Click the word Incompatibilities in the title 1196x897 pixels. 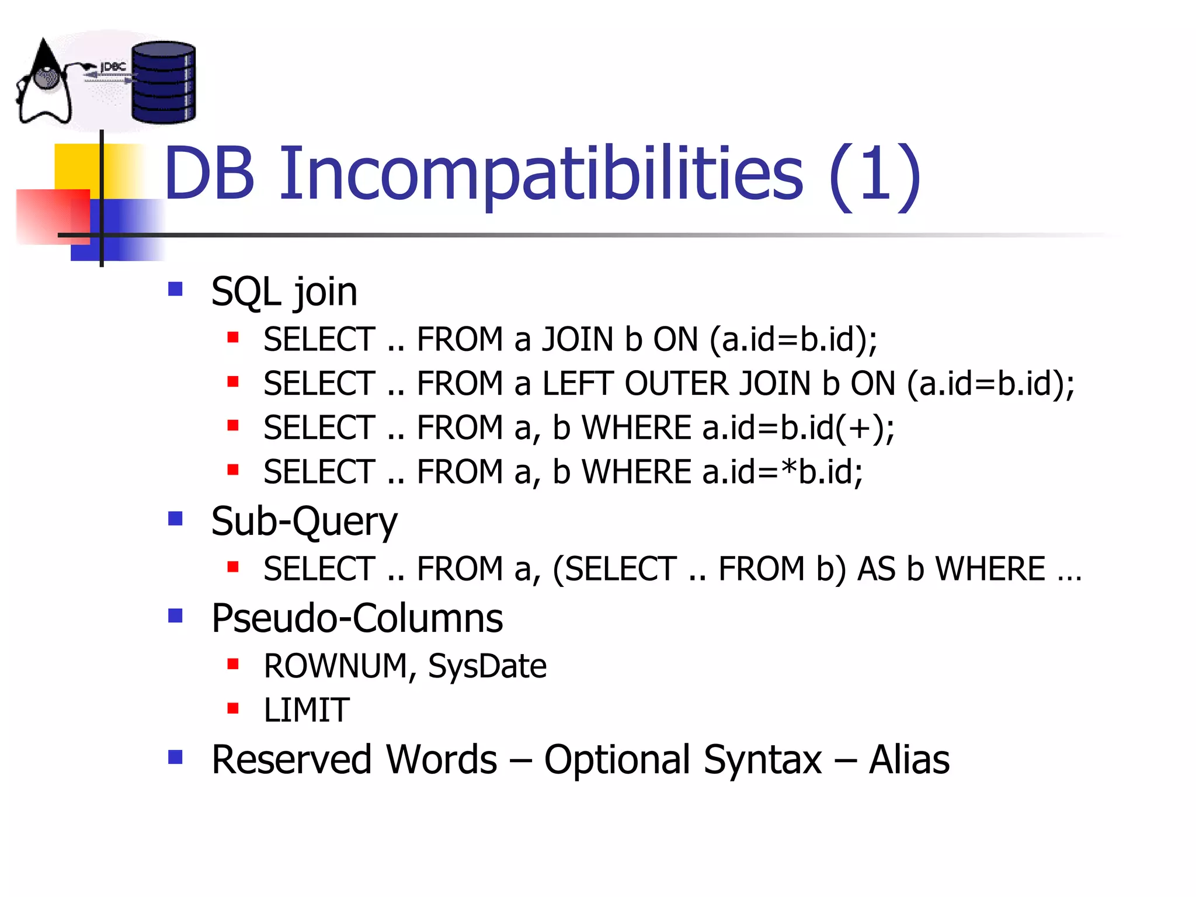[541, 174]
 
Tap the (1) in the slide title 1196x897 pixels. [874, 174]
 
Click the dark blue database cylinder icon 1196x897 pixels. [163, 83]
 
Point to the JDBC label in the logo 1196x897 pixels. [113, 68]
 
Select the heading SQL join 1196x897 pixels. [284, 291]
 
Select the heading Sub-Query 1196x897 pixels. [304, 521]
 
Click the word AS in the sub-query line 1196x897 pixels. [875, 569]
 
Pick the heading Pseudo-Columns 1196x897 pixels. [356, 618]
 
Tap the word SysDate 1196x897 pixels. [487, 666]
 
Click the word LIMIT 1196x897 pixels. [307, 711]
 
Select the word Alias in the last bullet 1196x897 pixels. [909, 760]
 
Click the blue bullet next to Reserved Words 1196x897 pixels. [175, 757]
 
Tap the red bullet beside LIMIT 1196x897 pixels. [233, 708]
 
